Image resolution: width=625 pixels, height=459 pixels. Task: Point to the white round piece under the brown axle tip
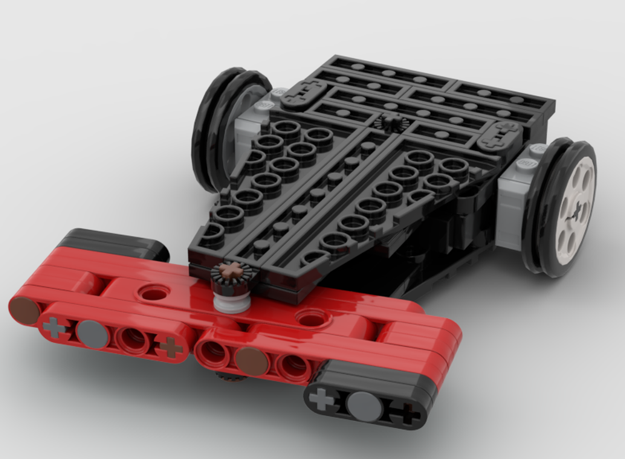pyautogui.click(x=231, y=302)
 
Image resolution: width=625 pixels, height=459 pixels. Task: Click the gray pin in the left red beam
pyautogui.click(x=92, y=334)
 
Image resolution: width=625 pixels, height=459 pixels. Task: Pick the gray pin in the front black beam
pyautogui.click(x=363, y=405)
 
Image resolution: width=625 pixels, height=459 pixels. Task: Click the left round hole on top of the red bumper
pyautogui.click(x=151, y=292)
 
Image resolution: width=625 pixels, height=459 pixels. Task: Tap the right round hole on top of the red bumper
pyautogui.click(x=311, y=318)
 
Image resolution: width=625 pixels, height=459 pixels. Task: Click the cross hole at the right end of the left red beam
pyautogui.click(x=169, y=347)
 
